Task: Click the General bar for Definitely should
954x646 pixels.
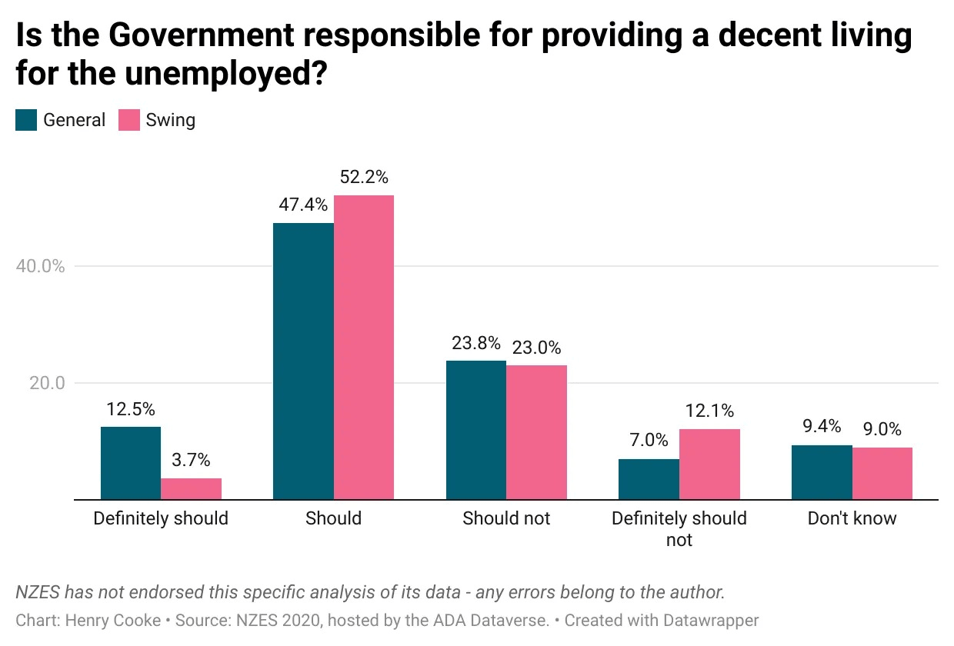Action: pyautogui.click(x=131, y=463)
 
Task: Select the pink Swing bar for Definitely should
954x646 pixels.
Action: pyautogui.click(x=191, y=489)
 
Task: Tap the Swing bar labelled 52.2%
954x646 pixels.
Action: pyautogui.click(x=364, y=348)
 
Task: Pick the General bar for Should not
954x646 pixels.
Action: pyautogui.click(x=476, y=430)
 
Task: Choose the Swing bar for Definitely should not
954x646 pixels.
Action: pyautogui.click(x=709, y=465)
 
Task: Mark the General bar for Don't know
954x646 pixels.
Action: pyautogui.click(x=822, y=472)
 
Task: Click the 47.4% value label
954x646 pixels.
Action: pyautogui.click(x=304, y=205)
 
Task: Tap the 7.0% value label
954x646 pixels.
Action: pyautogui.click(x=648, y=441)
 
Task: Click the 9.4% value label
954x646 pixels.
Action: pyautogui.click(x=821, y=427)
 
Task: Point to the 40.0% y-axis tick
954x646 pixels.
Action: pyautogui.click(x=40, y=266)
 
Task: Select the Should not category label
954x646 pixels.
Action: pyautogui.click(x=506, y=518)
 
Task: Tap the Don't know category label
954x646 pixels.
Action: pyautogui.click(x=852, y=518)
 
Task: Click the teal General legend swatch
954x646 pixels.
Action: pyautogui.click(x=26, y=120)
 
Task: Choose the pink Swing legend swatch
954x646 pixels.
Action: pyautogui.click(x=129, y=120)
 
